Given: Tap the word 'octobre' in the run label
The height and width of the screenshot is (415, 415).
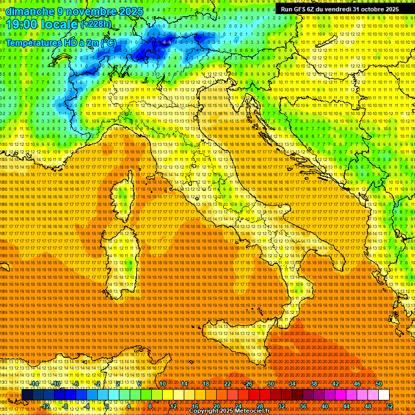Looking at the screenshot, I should (371, 9).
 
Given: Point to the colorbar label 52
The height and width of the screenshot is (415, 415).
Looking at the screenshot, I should (389, 406).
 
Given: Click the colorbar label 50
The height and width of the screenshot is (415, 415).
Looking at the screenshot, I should (378, 384).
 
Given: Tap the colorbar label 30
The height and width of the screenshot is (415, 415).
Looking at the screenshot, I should (270, 384).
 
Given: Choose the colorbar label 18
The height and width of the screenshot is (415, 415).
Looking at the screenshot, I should (206, 384).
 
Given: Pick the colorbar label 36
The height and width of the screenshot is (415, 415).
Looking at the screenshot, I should (303, 406).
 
